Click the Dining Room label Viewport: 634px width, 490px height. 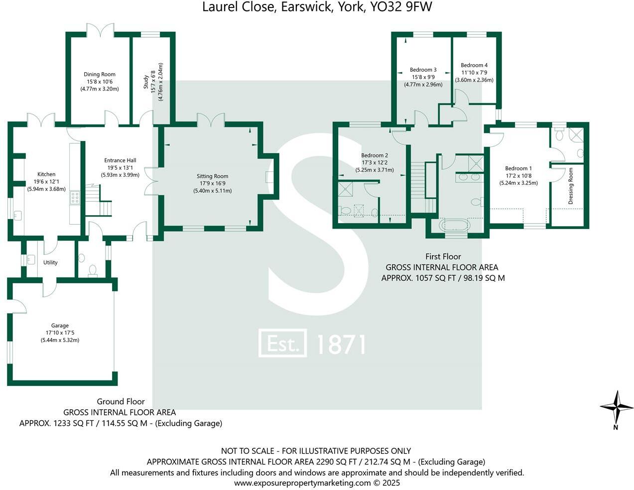[100, 74]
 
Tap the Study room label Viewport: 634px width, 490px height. [146, 82]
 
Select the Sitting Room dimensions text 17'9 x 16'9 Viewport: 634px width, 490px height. [212, 183]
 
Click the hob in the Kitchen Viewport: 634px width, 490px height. [75, 197]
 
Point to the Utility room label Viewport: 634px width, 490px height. [50, 262]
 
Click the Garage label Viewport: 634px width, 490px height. [60, 326]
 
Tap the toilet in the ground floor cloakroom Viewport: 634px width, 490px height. [92, 270]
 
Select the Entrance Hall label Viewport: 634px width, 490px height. [120, 160]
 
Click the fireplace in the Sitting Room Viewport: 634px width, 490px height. [269, 177]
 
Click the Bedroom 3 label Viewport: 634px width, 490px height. [423, 70]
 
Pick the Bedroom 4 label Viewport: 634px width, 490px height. [474, 65]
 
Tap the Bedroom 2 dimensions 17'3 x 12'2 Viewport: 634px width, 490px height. [375, 163]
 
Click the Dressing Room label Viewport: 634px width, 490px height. [571, 186]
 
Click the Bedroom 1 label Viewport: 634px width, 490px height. [518, 168]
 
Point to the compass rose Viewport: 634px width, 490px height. [617, 407]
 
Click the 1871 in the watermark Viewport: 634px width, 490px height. [341, 344]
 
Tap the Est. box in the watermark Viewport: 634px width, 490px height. [282, 344]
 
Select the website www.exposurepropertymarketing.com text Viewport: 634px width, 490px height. [302, 483]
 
